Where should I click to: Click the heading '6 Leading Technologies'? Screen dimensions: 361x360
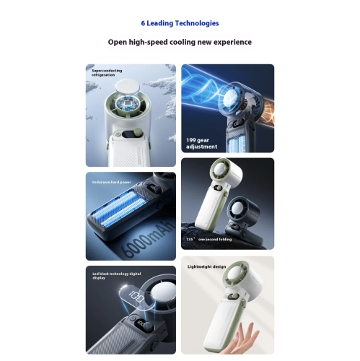click(x=180, y=24)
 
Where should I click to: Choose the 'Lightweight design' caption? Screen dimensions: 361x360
click(x=207, y=266)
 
